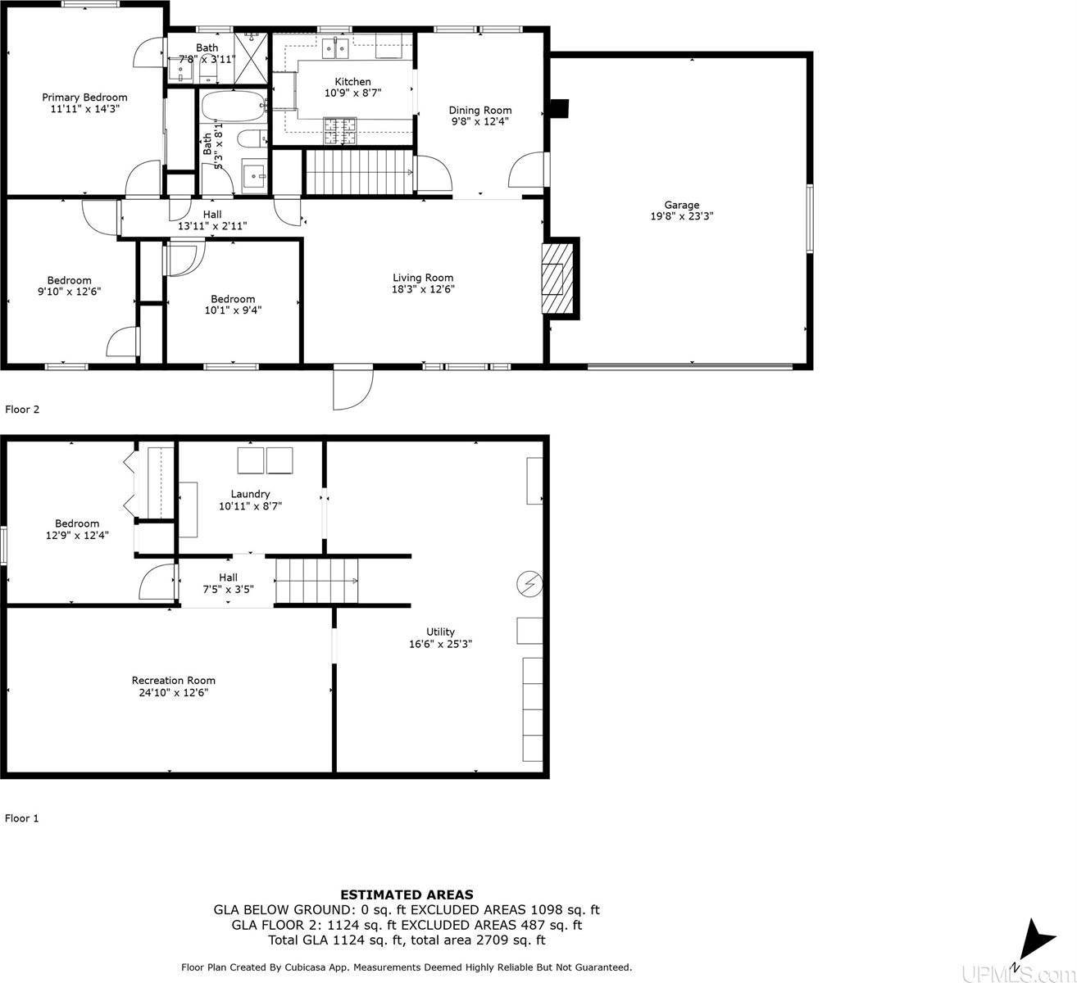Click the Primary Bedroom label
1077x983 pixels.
pyautogui.click(x=84, y=97)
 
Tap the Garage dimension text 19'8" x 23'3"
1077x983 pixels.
pyautogui.click(x=681, y=217)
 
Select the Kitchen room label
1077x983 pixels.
pyautogui.click(x=352, y=82)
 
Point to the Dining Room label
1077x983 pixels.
pyautogui.click(x=479, y=111)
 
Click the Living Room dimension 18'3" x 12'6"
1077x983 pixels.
pyautogui.click(x=423, y=289)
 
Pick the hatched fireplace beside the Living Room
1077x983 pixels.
pyautogui.click(x=552, y=278)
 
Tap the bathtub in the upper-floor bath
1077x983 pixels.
pyautogui.click(x=234, y=106)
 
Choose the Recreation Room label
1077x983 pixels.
pyautogui.click(x=174, y=681)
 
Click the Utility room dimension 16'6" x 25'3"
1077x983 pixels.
pyautogui.click(x=441, y=644)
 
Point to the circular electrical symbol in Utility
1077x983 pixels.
pyautogui.click(x=529, y=583)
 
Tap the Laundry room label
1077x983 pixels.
pyautogui.click(x=250, y=494)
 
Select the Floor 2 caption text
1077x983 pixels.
pyautogui.click(x=22, y=409)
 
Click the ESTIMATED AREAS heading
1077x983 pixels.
pyautogui.click(x=407, y=895)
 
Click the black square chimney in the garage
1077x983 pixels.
pyautogui.click(x=559, y=109)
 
